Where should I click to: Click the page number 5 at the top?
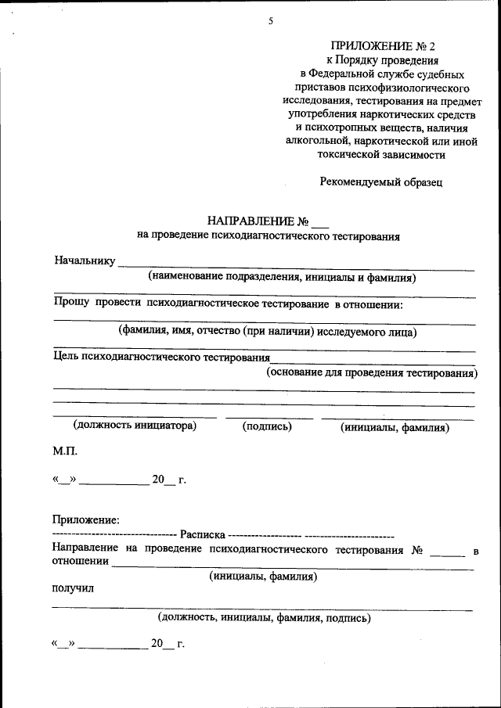click(x=271, y=22)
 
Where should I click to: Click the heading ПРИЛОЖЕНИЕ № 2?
click(x=382, y=46)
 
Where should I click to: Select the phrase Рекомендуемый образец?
click(x=382, y=182)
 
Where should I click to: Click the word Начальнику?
click(x=85, y=261)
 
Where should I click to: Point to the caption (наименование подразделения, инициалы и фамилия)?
click(x=282, y=277)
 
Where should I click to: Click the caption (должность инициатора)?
click(x=134, y=426)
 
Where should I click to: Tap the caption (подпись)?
click(x=267, y=426)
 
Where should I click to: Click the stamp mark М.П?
click(x=65, y=452)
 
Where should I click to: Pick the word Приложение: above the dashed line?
click(x=86, y=519)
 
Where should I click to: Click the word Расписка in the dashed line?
click(x=202, y=535)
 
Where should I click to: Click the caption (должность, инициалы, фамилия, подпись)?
click(x=264, y=618)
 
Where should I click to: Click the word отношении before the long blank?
click(x=80, y=561)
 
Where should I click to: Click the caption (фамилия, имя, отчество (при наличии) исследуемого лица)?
click(x=268, y=331)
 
